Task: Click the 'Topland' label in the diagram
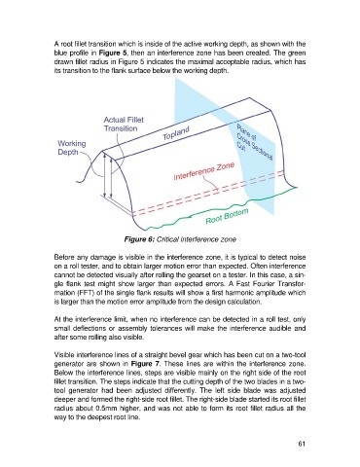pos(176,133)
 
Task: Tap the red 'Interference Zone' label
pos(204,171)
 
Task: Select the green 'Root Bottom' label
pos(227,216)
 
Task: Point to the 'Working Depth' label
pos(72,148)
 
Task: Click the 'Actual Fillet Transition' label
pos(124,125)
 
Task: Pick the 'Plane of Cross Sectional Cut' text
pos(255,142)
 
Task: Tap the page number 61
pos(302,444)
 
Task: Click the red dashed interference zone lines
pos(208,193)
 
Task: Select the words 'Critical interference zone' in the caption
pos(197,239)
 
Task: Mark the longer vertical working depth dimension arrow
pos(105,175)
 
